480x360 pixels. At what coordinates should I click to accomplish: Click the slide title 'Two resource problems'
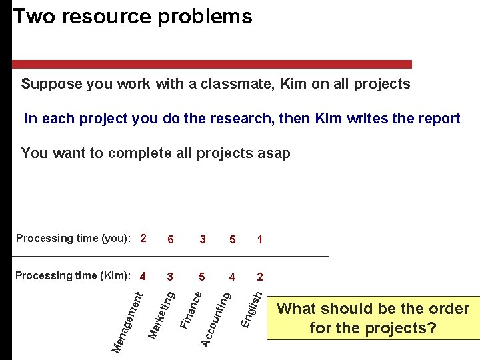point(133,17)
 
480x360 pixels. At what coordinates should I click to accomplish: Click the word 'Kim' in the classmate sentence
point(293,84)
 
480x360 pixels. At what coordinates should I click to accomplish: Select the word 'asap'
point(273,153)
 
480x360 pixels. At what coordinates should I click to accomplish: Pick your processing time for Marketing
point(171,239)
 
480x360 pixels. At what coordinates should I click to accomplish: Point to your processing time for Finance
point(202,239)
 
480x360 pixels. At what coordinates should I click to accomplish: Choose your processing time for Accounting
point(232,239)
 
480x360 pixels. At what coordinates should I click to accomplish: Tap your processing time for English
point(259,239)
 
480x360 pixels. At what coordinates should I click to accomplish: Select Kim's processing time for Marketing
point(171,276)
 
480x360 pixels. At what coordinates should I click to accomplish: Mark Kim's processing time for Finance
point(202,276)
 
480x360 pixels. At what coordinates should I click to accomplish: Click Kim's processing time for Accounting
point(232,276)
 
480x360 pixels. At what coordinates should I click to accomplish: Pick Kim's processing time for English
point(259,276)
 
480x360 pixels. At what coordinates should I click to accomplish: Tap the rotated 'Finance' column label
point(191,307)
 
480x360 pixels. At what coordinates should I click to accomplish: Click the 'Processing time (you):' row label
point(73,239)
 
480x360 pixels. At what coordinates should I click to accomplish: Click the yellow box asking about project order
point(373,318)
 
